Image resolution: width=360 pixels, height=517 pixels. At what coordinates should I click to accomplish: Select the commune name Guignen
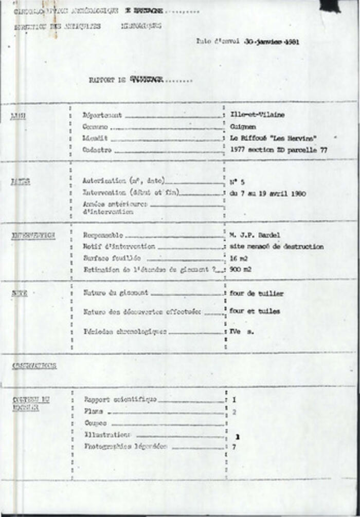point(243,126)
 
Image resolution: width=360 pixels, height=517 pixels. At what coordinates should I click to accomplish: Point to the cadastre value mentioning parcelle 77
point(279,150)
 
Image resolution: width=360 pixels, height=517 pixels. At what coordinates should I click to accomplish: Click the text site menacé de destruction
point(277,247)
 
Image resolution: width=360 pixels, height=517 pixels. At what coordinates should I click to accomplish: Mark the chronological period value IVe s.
point(242,332)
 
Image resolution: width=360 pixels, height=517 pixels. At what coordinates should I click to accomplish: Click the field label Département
point(102,116)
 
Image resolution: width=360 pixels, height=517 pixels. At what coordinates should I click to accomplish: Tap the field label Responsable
point(103,235)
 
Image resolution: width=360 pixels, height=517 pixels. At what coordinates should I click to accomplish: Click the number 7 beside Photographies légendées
point(234,447)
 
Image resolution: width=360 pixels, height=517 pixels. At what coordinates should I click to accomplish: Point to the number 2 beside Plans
point(234,412)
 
